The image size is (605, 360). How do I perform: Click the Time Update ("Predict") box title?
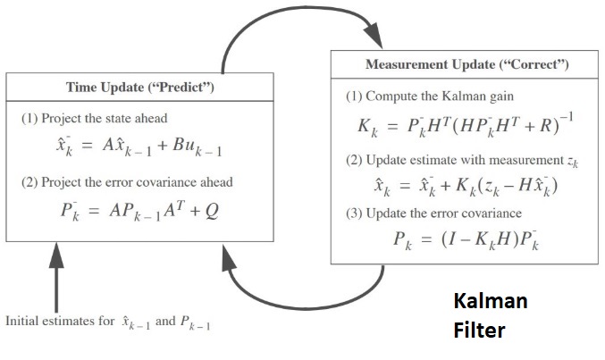point(140,87)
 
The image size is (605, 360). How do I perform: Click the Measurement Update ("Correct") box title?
point(466,65)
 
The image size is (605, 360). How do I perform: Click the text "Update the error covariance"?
point(433,213)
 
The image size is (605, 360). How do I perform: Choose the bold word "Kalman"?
point(491,301)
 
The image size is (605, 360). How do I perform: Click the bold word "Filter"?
point(478,331)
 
